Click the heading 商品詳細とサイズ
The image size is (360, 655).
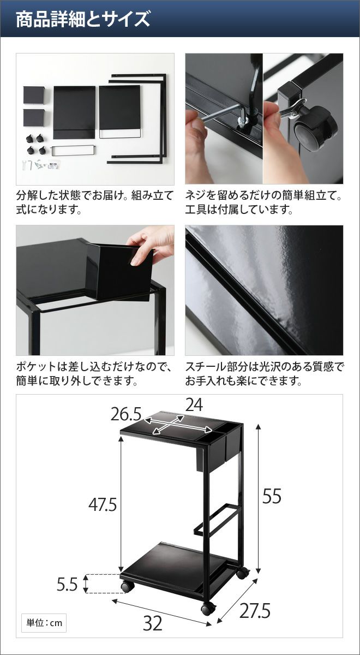point(83,19)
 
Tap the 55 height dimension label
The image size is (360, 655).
point(272,496)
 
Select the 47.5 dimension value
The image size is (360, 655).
point(103,504)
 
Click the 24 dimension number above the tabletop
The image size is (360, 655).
point(194,405)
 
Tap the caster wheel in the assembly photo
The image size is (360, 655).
point(316,127)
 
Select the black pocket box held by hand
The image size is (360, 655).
point(120,271)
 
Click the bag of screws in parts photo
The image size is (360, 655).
point(55,165)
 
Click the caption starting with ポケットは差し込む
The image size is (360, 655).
point(94,374)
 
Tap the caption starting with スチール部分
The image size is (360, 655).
point(265,374)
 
